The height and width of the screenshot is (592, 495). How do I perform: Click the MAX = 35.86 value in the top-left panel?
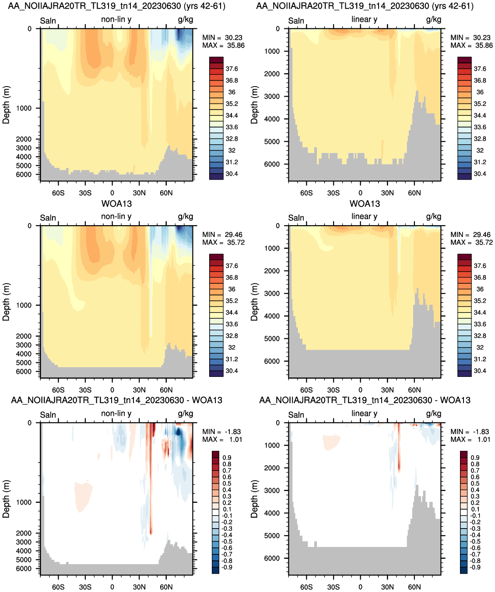(x=223, y=45)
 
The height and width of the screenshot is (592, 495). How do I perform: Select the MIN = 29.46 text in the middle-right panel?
(x=471, y=234)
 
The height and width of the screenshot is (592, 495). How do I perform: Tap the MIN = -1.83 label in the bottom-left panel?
(x=221, y=432)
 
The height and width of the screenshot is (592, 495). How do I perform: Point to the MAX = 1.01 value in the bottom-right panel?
(x=470, y=439)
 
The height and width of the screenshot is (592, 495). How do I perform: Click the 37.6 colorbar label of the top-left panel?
(x=232, y=69)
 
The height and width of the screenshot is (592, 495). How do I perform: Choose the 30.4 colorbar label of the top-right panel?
(x=480, y=174)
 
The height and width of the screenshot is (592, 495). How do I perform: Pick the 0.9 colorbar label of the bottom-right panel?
(x=475, y=457)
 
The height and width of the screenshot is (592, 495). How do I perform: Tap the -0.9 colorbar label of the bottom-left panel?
(x=227, y=567)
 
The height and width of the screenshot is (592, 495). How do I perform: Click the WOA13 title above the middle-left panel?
(x=116, y=204)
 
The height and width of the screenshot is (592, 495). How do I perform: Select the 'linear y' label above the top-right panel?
(x=365, y=19)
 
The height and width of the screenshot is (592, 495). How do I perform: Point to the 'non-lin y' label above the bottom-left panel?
(x=116, y=413)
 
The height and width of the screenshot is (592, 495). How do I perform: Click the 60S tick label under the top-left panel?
(x=58, y=193)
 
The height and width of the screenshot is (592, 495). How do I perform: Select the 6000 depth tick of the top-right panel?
(x=272, y=164)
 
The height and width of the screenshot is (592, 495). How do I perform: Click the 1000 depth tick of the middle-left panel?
(x=24, y=305)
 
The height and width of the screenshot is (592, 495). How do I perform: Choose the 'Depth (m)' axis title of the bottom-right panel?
(x=254, y=499)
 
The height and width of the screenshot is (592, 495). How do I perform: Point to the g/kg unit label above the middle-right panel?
(x=433, y=216)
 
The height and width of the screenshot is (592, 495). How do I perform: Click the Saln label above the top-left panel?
(x=48, y=21)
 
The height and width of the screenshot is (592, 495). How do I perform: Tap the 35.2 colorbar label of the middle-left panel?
(x=232, y=300)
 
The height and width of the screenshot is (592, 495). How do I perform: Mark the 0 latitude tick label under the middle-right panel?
(x=361, y=390)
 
